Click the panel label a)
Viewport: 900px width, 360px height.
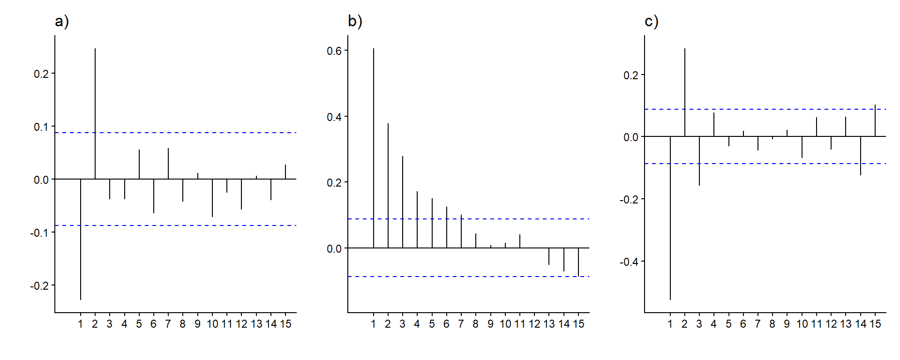coord(62,22)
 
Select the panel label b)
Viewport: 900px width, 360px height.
coord(355,22)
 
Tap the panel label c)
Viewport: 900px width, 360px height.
coord(652,22)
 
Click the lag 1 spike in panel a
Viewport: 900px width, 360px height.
coord(81,239)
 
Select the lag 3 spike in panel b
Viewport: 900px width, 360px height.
coord(403,202)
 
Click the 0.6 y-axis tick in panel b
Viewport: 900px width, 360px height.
coord(334,51)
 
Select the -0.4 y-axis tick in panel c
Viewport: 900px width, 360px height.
coord(628,262)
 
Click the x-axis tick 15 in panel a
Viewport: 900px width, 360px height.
coord(285,324)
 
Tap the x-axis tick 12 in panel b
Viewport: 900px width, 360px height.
coord(534,324)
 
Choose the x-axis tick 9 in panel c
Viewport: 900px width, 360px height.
coord(787,324)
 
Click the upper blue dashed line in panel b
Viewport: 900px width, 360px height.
coord(469,219)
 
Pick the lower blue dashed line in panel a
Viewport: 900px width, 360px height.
coord(187,225)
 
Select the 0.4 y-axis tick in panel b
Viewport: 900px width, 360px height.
coord(334,117)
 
